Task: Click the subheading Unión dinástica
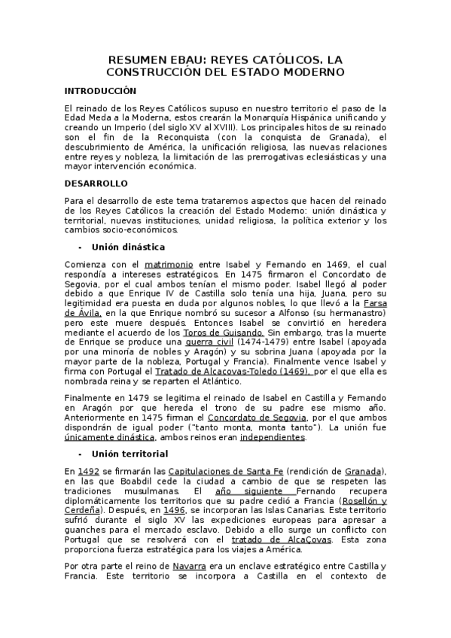point(128,247)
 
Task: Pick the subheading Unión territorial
point(130,454)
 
